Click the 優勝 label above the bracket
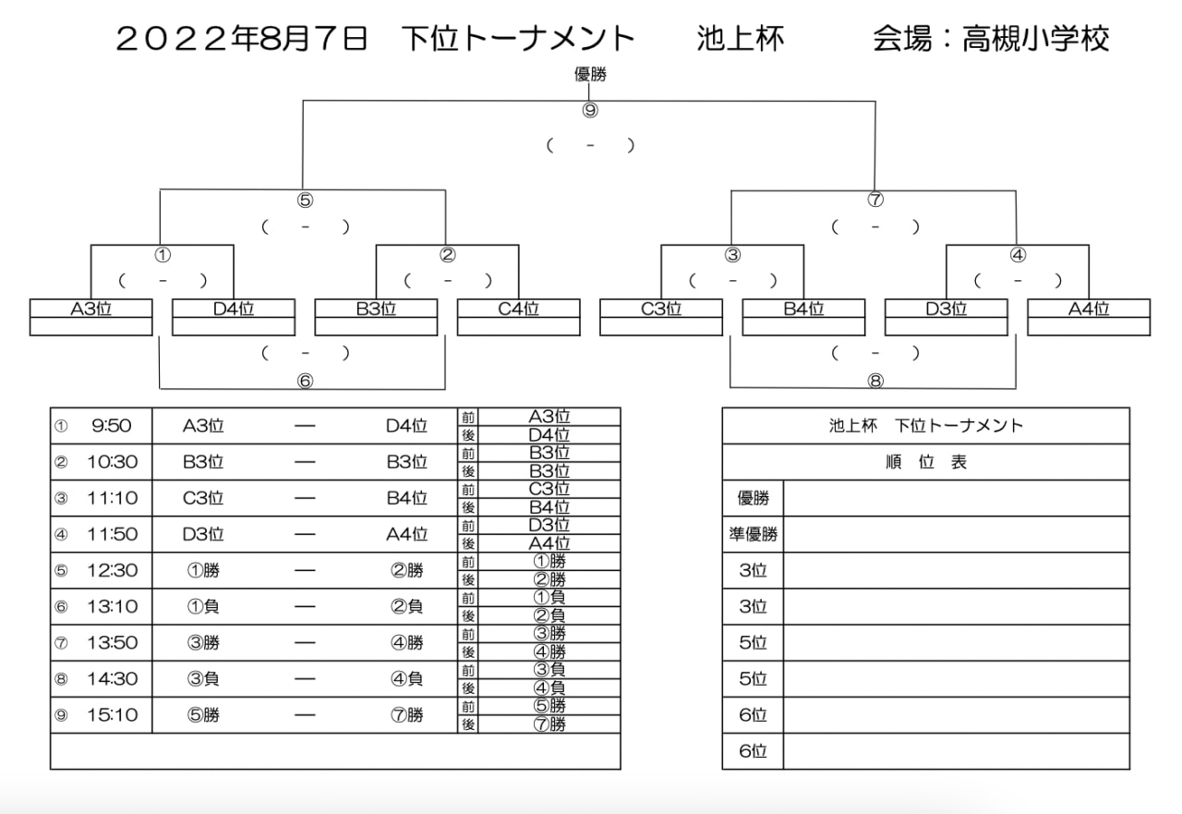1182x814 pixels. click(x=590, y=75)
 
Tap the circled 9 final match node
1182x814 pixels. click(x=590, y=110)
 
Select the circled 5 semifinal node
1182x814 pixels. click(x=305, y=200)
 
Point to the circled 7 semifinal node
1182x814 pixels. click(x=875, y=200)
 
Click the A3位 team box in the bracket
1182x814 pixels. click(x=91, y=317)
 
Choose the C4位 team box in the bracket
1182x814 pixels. click(x=519, y=317)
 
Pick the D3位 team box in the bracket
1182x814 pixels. click(x=947, y=317)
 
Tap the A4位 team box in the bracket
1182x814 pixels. click(x=1089, y=317)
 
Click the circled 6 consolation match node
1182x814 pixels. click(x=305, y=381)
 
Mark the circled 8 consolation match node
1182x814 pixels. click(x=875, y=381)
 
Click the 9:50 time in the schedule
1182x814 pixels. click(x=112, y=425)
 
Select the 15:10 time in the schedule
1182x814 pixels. click(x=112, y=715)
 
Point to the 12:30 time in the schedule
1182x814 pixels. click(x=112, y=570)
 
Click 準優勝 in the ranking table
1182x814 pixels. click(x=753, y=534)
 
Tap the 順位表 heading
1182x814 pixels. click(x=926, y=462)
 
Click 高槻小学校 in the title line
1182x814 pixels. click(x=1035, y=39)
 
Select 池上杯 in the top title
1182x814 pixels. click(x=741, y=39)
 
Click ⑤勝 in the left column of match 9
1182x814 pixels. click(x=203, y=715)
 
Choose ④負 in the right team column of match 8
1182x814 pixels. click(x=407, y=678)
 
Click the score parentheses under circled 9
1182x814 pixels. click(x=590, y=145)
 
